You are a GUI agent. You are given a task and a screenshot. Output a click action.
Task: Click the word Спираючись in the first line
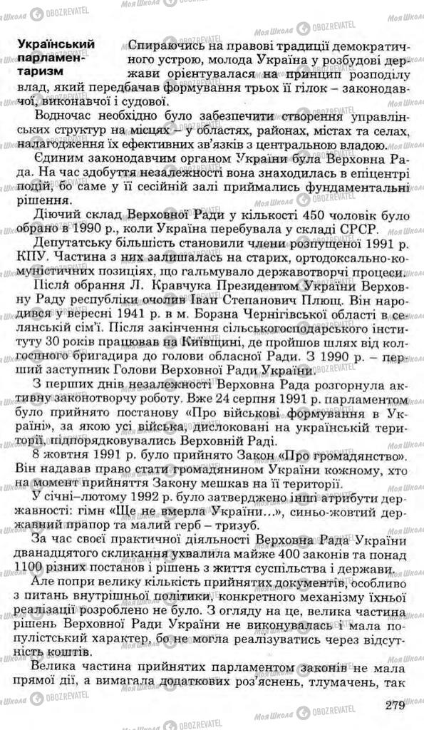coord(160,44)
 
